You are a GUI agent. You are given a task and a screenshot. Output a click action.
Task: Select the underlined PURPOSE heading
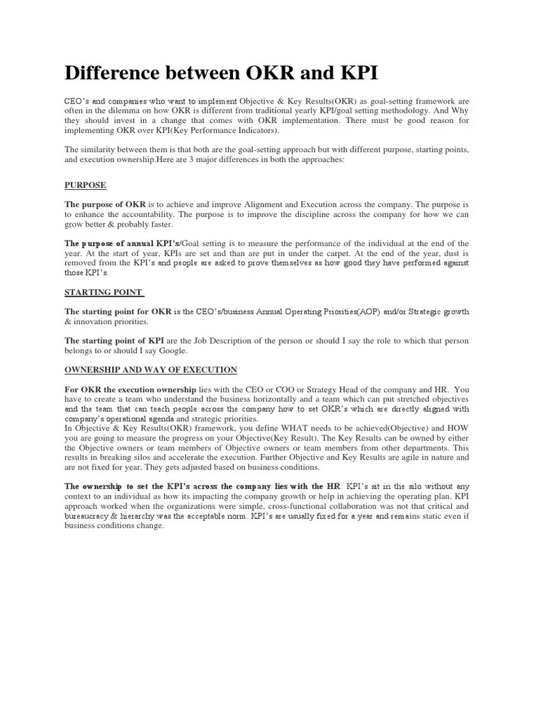point(85,186)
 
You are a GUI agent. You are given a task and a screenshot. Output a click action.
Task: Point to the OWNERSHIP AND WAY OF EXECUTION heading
point(151,369)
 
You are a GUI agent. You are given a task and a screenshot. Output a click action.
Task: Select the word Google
point(168,351)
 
